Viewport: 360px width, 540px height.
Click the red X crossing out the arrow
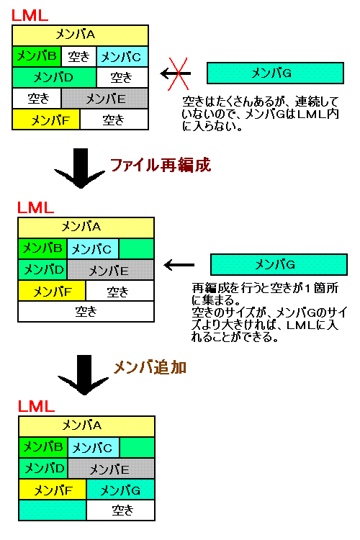pyautogui.click(x=178, y=73)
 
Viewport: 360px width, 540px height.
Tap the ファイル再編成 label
pyautogui.click(x=160, y=165)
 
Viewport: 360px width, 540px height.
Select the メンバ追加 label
pyautogui.click(x=150, y=367)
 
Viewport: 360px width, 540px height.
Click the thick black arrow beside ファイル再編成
pyautogui.click(x=81, y=168)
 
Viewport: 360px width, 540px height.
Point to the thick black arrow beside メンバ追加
pyautogui.click(x=84, y=374)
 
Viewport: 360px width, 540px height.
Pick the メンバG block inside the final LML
pyautogui.click(x=120, y=490)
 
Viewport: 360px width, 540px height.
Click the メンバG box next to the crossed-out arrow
pyautogui.click(x=275, y=73)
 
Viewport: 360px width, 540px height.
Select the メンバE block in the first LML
pyautogui.click(x=105, y=99)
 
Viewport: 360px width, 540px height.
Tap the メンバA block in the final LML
pyautogui.click(x=87, y=426)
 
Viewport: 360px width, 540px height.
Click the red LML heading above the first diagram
pyautogui.click(x=30, y=16)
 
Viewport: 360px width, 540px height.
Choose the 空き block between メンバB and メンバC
pyautogui.click(x=79, y=56)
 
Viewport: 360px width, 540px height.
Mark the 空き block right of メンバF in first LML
pyautogui.click(x=114, y=120)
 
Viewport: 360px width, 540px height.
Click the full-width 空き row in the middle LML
pyautogui.click(x=86, y=312)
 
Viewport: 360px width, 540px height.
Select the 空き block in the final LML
pyautogui.click(x=121, y=510)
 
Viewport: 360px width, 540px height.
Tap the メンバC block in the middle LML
pyautogui.click(x=93, y=248)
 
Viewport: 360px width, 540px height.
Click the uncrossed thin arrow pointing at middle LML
pyautogui.click(x=179, y=265)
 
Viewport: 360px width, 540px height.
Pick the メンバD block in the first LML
pyautogui.click(x=55, y=78)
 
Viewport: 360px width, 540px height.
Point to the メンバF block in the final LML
pyautogui.click(x=53, y=490)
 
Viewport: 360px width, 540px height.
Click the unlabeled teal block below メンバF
pyautogui.click(x=53, y=510)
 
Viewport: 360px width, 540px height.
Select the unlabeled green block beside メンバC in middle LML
pyautogui.click(x=136, y=248)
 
